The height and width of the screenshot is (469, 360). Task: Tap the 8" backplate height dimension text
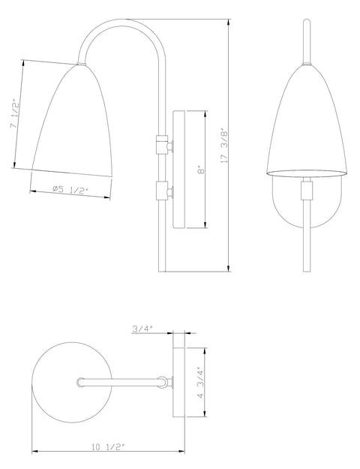click(199, 170)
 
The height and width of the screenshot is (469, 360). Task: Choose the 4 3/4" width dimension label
click(199, 383)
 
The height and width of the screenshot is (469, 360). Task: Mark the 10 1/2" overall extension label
click(106, 447)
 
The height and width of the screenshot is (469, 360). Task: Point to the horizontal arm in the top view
click(124, 383)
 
